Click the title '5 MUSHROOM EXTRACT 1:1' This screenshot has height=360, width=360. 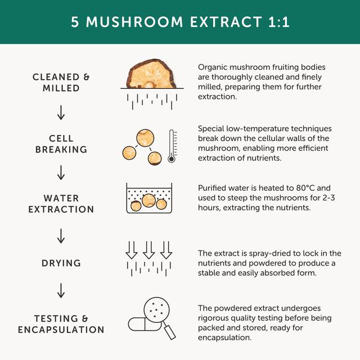tap(179, 22)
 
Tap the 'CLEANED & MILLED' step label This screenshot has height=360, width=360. tap(61, 83)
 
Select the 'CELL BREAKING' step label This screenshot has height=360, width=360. tap(61, 144)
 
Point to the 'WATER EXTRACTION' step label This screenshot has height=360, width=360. tap(61, 204)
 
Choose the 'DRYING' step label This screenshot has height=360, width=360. tap(61, 263)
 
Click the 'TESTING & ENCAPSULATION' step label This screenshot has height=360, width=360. tap(61, 324)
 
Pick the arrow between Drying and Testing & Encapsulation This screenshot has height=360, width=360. tap(61, 292)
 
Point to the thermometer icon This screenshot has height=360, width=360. tap(172, 146)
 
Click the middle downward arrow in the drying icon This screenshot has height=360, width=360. tap(148, 249)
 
